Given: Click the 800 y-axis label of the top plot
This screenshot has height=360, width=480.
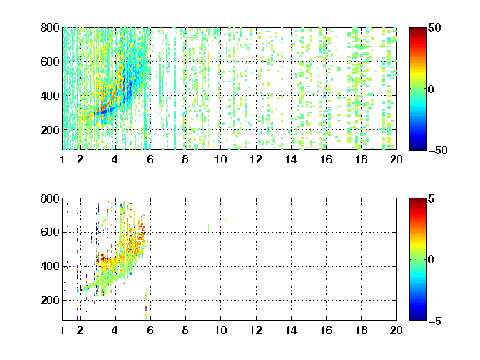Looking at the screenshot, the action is click(50, 27).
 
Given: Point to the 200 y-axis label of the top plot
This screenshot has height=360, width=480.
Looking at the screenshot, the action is click(50, 130).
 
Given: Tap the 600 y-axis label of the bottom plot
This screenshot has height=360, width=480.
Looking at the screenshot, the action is click(50, 232).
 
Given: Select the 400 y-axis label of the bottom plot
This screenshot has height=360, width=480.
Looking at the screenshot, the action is click(50, 266).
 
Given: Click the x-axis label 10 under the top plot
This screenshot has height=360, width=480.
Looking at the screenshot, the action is click(220, 159).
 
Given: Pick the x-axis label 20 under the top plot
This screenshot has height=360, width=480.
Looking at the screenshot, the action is click(396, 159).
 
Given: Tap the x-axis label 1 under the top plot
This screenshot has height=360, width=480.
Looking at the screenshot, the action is click(62, 159).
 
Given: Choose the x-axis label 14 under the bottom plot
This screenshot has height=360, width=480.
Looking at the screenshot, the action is click(291, 330).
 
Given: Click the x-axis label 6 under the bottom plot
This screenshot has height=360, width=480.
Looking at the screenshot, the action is click(150, 330).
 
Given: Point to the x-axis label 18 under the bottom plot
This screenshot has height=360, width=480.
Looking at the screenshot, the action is click(361, 330).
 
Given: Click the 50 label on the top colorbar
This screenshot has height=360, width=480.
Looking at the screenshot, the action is click(434, 27).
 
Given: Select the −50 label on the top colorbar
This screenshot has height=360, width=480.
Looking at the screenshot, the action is click(438, 150).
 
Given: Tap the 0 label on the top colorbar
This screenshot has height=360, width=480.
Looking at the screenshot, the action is click(431, 89).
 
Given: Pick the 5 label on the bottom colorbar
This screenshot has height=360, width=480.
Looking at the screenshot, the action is click(432, 198).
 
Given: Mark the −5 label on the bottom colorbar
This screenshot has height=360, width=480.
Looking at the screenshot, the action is click(435, 321).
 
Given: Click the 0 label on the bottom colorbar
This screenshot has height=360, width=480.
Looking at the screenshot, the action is click(431, 260).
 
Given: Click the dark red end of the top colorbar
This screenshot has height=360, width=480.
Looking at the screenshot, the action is click(417, 29).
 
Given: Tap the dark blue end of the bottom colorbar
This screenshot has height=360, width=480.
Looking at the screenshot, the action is click(417, 318).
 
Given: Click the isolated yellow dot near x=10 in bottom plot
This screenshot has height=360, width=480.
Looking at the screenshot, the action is click(227, 220).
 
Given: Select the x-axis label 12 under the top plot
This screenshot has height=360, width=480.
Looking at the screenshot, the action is click(256, 159).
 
